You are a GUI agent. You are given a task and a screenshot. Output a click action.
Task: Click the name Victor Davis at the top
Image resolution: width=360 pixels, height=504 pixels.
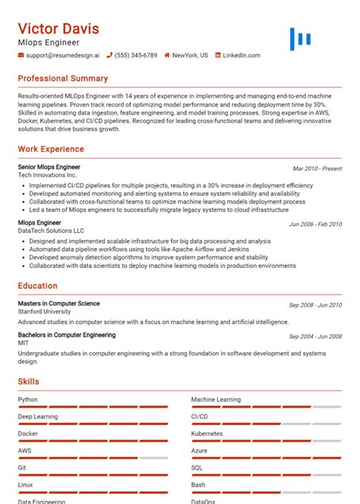58,29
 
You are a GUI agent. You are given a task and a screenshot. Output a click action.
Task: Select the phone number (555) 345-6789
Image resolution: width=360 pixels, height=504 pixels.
136,55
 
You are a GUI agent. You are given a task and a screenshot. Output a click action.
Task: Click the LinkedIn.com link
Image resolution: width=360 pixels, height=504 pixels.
241,55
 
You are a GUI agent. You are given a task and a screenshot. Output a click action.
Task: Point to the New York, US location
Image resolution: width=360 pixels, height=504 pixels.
189,55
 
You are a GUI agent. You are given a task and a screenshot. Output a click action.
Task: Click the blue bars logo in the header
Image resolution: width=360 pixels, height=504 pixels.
301,39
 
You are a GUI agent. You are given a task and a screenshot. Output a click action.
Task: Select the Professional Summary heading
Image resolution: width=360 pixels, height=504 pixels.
63,78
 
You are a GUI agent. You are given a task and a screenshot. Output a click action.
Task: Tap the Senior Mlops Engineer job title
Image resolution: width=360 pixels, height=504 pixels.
49,167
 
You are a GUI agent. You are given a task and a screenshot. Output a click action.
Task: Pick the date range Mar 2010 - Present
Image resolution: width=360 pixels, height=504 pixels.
317,169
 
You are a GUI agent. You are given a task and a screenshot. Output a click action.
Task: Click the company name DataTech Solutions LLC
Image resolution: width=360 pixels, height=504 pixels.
51,230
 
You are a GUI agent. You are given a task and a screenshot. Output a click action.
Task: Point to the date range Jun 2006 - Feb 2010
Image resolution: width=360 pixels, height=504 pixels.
315,225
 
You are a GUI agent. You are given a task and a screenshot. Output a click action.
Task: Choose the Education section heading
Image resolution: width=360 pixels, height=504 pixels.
38,286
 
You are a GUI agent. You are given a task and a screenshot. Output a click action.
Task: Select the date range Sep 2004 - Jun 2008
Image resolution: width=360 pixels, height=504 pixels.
315,336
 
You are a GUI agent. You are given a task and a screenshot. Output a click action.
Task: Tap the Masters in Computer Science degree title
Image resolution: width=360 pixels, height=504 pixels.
58,304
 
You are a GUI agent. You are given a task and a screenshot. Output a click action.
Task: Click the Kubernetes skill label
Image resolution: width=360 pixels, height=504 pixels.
207,433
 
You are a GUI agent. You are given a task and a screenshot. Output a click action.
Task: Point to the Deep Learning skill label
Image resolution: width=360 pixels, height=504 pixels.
38,417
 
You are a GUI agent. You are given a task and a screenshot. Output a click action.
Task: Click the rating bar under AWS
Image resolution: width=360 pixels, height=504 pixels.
93,458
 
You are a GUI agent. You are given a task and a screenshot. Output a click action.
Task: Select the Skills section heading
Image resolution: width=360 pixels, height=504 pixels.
29,382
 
